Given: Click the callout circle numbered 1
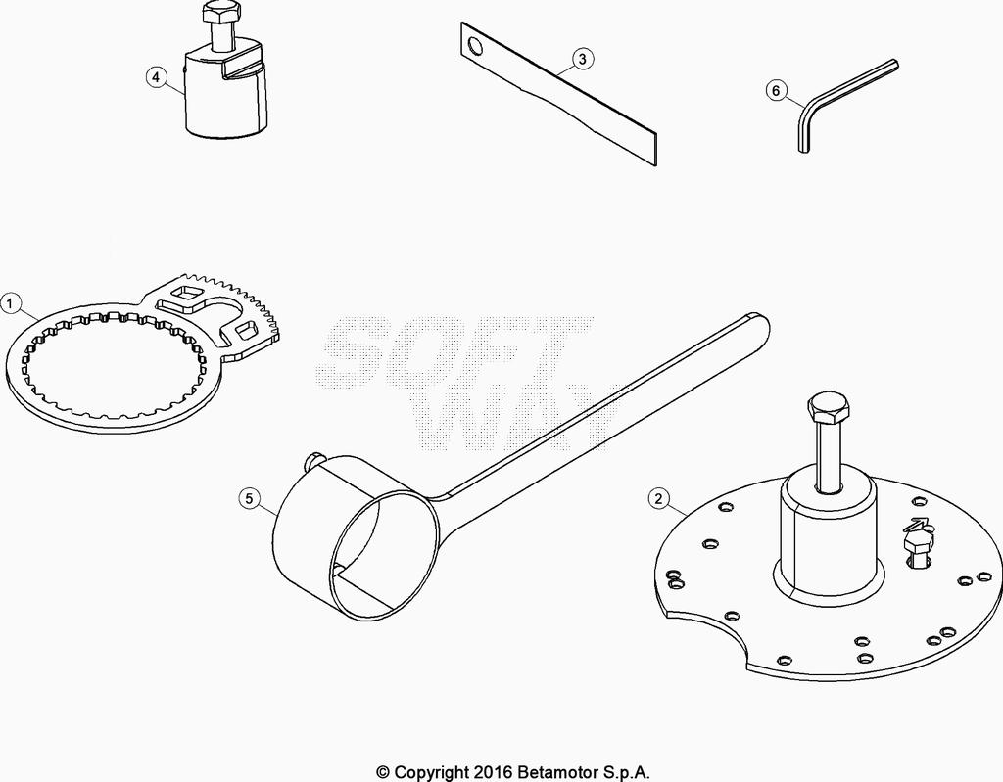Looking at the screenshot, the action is pyautogui.click(x=11, y=303).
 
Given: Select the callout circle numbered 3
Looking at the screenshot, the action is pyautogui.click(x=582, y=59).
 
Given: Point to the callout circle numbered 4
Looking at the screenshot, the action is pyautogui.click(x=156, y=78).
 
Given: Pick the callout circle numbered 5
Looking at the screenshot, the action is pyautogui.click(x=250, y=499).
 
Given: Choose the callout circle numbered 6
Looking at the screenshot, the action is pyautogui.click(x=776, y=91).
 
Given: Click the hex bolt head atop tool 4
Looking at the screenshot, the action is pyautogui.click(x=222, y=12).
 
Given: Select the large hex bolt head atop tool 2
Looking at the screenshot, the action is pyautogui.click(x=830, y=407).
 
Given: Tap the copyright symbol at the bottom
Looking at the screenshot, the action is pyautogui.click(x=383, y=772).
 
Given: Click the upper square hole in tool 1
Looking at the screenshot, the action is pyautogui.click(x=187, y=295).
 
